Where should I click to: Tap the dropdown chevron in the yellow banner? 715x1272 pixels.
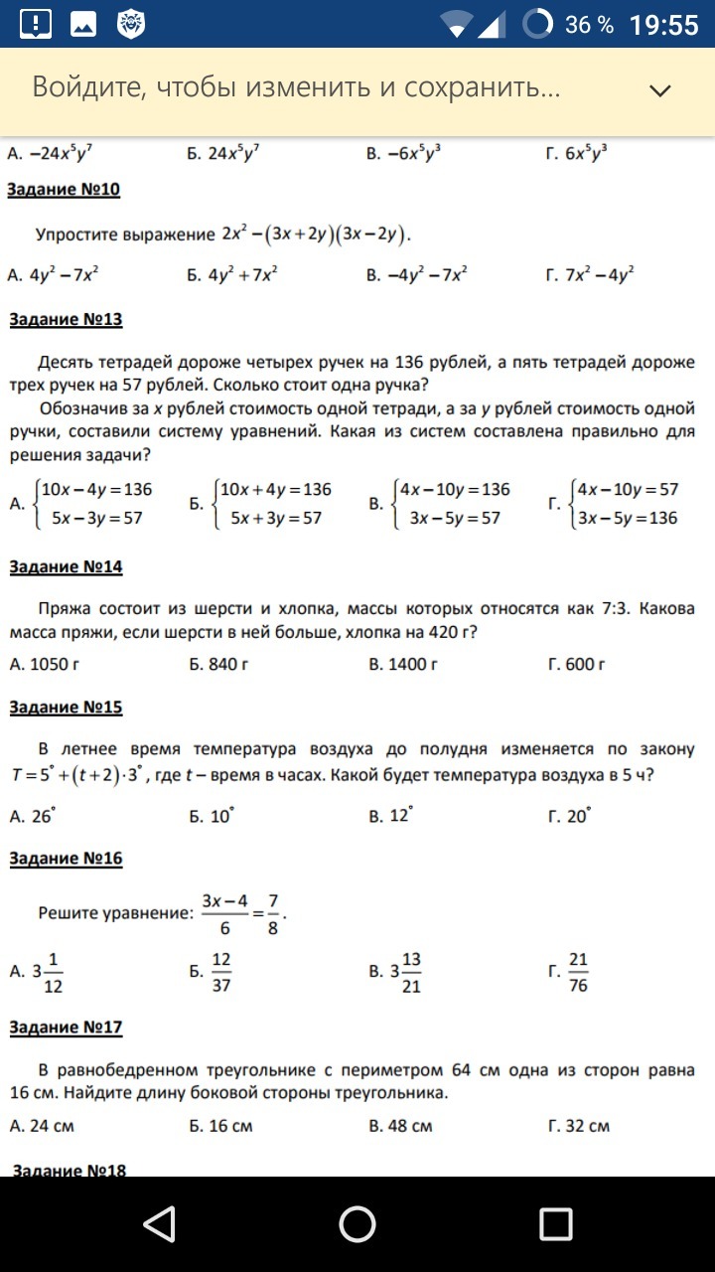click(x=660, y=90)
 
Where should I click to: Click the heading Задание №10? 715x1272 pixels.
click(x=65, y=190)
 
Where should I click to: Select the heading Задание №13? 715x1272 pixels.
click(x=66, y=319)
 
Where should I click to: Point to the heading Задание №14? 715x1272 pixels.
click(x=66, y=566)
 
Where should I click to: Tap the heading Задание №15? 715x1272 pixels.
click(x=66, y=708)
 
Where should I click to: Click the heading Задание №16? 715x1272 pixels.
click(x=66, y=859)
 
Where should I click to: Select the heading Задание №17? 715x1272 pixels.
click(x=66, y=1028)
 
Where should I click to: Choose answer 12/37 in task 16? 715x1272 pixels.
click(x=221, y=972)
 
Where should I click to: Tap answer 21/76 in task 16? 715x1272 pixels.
click(x=578, y=972)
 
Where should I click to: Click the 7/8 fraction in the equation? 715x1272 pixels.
click(x=272, y=912)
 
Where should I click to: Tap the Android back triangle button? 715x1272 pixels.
click(x=159, y=1224)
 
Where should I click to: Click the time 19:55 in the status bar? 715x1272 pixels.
click(x=664, y=25)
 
